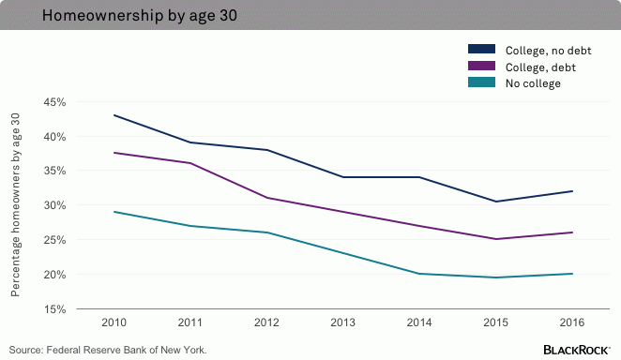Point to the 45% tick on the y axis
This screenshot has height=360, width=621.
click(53, 101)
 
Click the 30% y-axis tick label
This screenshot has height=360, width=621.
click(53, 205)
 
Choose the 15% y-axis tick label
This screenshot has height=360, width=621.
click(53, 308)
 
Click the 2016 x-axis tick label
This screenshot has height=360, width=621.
click(571, 322)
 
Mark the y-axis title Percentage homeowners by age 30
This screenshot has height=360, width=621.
click(15, 204)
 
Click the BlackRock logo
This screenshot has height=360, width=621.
click(576, 350)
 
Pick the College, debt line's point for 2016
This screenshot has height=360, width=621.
click(571, 232)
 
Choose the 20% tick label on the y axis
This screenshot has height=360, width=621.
click(53, 274)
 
